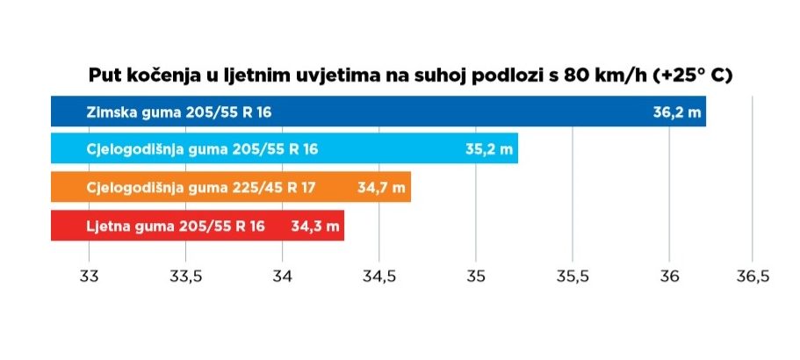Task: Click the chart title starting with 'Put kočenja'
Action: [410, 76]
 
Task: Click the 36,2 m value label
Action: [675, 112]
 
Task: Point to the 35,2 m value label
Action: [489, 149]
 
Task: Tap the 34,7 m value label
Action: [382, 187]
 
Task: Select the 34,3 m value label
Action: [314, 226]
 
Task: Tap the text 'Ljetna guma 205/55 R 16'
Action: [176, 226]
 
